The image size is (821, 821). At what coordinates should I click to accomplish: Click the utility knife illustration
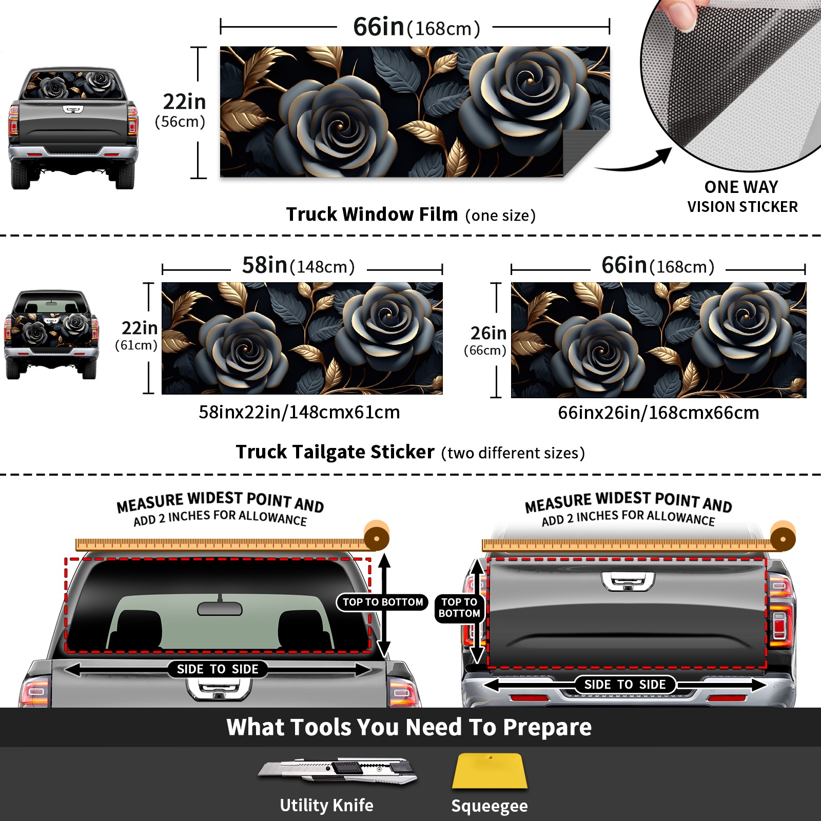pos(337,770)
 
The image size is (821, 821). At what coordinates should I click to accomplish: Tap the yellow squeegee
pos(490,771)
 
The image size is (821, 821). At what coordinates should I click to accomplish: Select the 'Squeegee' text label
pos(490,806)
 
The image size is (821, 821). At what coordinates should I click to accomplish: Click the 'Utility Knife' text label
pos(326,805)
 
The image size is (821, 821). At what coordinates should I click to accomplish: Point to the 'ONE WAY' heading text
pos(741,187)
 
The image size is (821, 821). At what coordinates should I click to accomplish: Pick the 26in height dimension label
pos(487,340)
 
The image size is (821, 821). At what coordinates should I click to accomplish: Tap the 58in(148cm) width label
pos(298,265)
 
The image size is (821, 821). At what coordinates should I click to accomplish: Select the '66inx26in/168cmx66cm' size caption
pos(658,413)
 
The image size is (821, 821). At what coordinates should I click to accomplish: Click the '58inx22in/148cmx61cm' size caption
pos(299,412)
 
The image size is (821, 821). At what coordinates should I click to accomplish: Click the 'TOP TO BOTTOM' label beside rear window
pos(383,602)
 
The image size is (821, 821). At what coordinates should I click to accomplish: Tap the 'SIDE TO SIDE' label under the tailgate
pos(624,685)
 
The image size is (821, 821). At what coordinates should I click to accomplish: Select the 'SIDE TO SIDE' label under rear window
pos(218,669)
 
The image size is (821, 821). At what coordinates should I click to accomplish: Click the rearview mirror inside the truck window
pos(220,609)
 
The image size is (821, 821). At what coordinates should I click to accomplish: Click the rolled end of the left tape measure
pos(377,537)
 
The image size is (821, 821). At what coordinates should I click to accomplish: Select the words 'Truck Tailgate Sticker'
pos(335,452)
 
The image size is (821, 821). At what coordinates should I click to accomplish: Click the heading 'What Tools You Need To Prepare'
pos(409,727)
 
